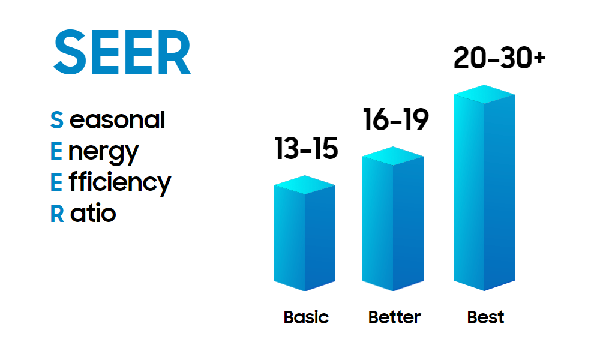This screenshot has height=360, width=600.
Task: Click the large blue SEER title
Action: point(122,52)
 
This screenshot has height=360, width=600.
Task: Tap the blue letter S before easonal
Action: point(56,120)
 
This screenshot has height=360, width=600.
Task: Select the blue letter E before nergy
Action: point(56,151)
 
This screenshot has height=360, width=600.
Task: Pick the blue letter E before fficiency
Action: point(56,182)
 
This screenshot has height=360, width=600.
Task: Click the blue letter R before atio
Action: point(57,214)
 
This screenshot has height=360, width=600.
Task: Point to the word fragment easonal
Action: point(117,120)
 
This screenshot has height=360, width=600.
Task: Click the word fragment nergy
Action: point(103,152)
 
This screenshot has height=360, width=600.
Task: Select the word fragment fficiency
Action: point(120,183)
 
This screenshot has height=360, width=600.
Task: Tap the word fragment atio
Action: point(93,213)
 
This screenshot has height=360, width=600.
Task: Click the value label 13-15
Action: point(306,148)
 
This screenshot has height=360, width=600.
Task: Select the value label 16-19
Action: point(395,119)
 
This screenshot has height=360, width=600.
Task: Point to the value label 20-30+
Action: point(499,58)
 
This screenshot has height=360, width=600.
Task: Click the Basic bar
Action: point(305,233)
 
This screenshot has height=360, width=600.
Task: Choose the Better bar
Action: point(393,218)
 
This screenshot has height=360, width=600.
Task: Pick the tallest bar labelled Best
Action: point(484,187)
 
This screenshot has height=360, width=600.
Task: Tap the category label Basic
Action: point(306,317)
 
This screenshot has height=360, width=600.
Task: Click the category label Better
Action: point(395,317)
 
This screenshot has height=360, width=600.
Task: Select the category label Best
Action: point(485,317)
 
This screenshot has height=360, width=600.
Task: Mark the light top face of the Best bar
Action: point(484,94)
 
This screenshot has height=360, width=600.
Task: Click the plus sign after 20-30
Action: point(540,58)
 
